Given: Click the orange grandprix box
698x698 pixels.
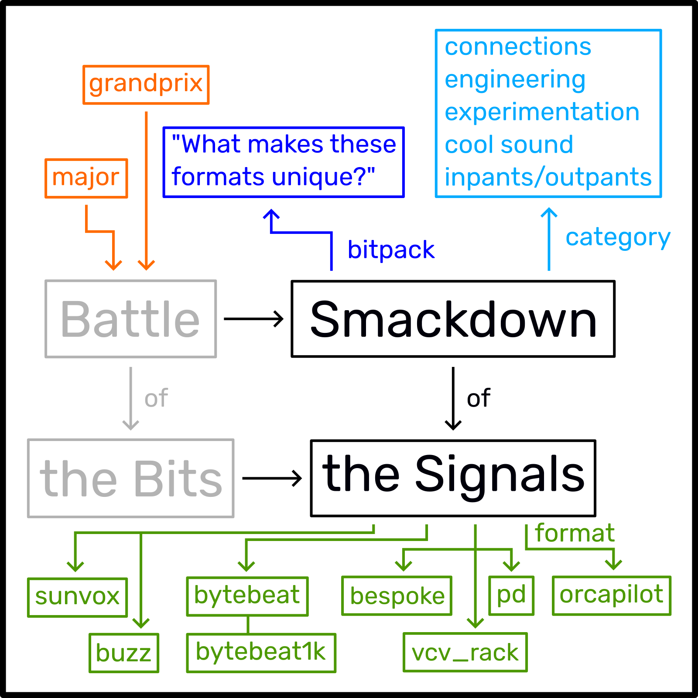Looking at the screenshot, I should pos(146,85).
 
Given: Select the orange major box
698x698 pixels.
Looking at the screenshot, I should pos(86,178).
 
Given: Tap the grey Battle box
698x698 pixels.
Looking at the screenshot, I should pos(130,319).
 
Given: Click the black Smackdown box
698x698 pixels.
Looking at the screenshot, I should pos(453,319).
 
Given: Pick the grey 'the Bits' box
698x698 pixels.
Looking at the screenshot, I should pos(130,478).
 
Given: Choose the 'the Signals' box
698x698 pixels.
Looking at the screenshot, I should pos(453,478).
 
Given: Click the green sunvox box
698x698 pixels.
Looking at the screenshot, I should pos(77,597).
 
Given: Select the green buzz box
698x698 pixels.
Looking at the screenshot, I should pos(124,653).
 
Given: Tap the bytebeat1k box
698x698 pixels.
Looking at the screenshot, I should pos(261,653).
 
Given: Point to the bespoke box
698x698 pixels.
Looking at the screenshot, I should pos(397,596).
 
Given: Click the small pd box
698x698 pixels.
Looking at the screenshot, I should pos(511,595).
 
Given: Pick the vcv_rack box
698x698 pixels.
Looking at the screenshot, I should pos(465,652).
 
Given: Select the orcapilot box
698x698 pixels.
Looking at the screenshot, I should pos(611,595).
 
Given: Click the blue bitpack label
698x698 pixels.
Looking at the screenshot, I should pos(391,250).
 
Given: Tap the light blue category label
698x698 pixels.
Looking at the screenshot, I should pos(618,238).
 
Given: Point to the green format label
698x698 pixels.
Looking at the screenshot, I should pos(575,533).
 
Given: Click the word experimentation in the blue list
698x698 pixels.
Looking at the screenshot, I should pos(542,112).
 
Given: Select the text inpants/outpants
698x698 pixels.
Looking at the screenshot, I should pos(548,178).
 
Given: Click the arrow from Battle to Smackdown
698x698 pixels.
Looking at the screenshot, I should pos(253,319).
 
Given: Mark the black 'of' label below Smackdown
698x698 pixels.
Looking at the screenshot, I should pos(479,398).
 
